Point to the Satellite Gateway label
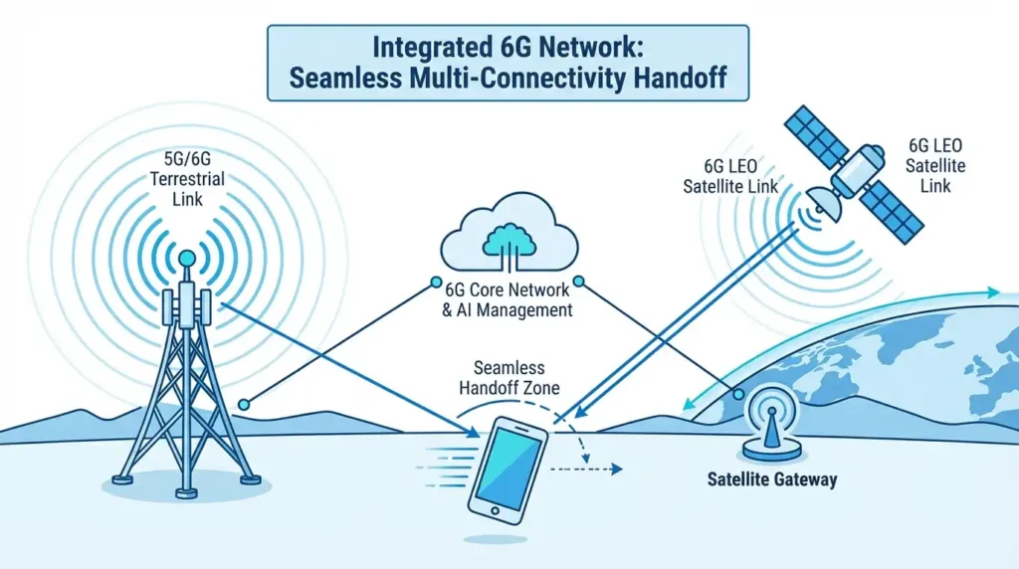[772, 479]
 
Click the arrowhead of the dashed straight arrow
[618, 468]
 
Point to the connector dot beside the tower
[244, 404]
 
